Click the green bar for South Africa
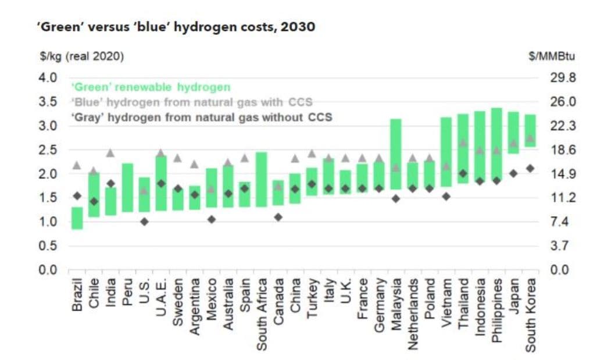coord(261,179)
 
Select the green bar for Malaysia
coord(396,154)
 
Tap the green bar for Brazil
coord(77,218)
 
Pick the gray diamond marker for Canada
coord(278,217)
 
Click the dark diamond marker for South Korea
coord(530,169)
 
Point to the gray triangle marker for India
coord(110,153)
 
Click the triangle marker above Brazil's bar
coord(77,165)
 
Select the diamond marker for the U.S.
coord(144,222)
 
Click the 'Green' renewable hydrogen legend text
coord(151,87)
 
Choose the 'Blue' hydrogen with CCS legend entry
coord(192,102)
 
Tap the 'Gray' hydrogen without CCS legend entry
coord(201,117)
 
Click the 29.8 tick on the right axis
coord(562,78)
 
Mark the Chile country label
coord(94,293)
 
